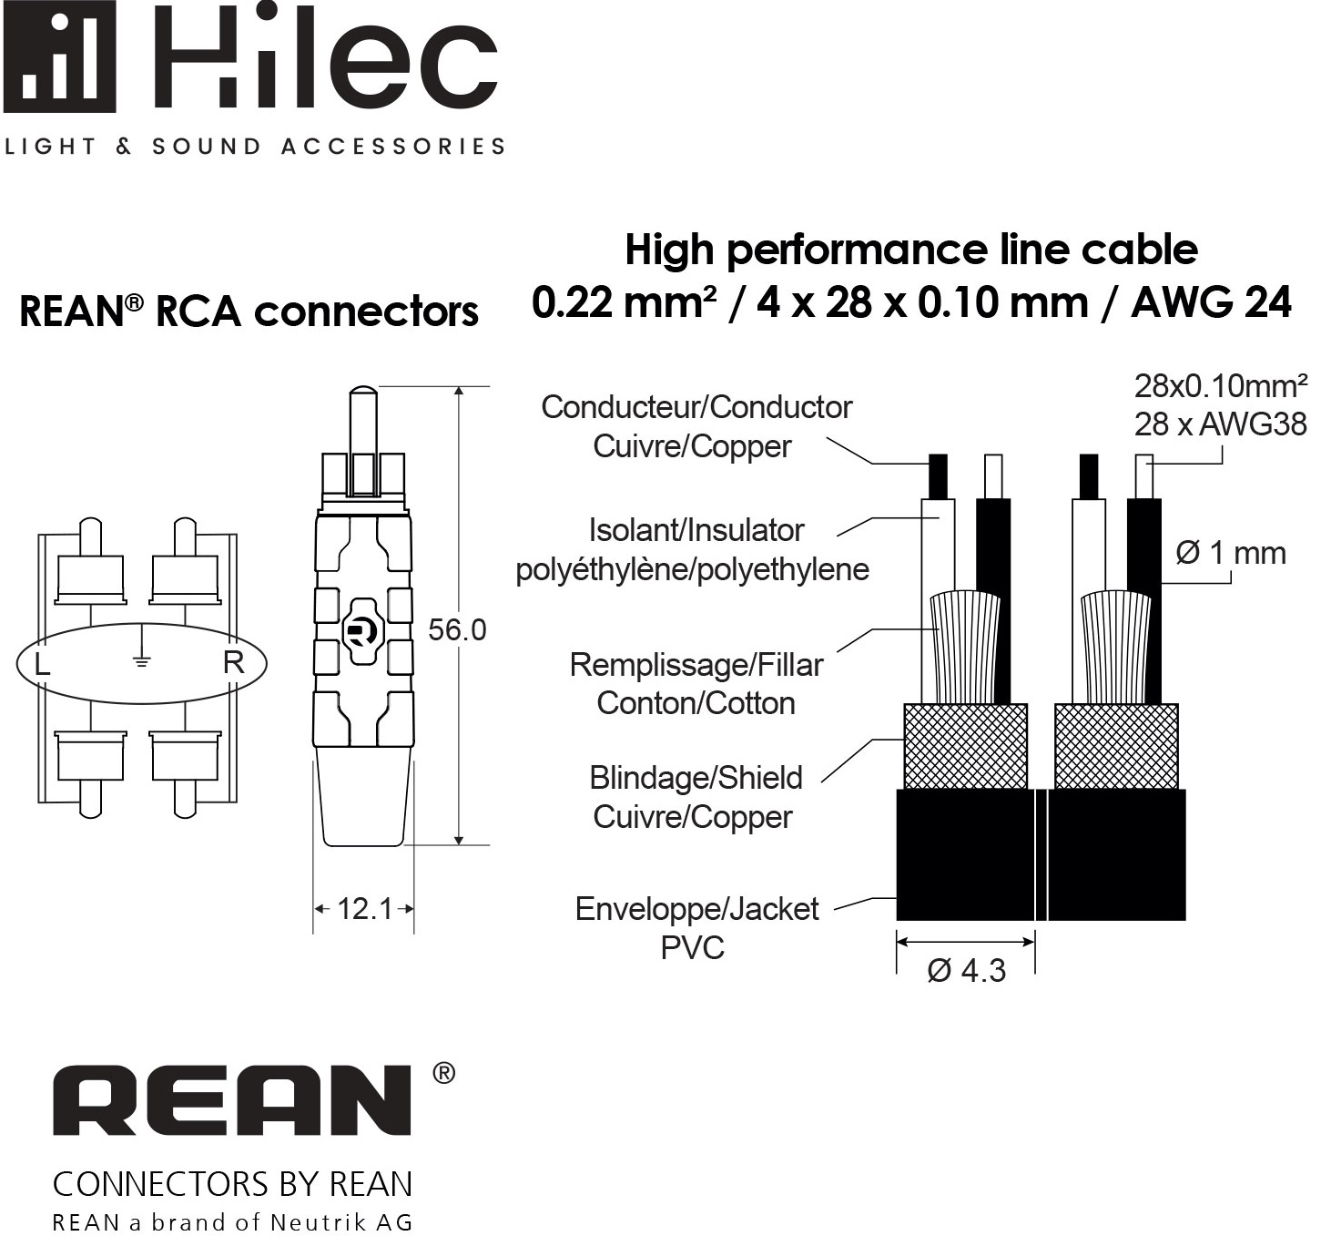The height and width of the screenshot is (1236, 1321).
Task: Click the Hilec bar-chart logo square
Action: click(60, 56)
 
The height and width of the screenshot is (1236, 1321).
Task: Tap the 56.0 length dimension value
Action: click(457, 629)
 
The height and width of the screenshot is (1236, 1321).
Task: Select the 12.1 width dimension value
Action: click(364, 909)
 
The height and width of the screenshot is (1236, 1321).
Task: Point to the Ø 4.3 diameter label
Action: click(966, 971)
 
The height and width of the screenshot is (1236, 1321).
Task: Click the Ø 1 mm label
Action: click(1231, 553)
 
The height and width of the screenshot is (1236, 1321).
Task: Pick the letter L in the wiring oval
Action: click(42, 664)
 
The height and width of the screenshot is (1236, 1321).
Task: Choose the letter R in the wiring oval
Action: click(233, 662)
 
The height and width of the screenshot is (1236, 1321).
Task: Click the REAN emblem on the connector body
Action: click(361, 631)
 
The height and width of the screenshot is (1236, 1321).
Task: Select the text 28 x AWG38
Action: click(1220, 424)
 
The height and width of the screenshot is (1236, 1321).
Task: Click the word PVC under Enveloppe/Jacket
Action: click(692, 948)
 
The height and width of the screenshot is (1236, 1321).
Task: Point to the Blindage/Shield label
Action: click(696, 779)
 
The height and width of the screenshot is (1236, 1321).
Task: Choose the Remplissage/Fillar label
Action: click(696, 666)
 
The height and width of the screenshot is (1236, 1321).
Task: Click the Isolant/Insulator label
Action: click(696, 531)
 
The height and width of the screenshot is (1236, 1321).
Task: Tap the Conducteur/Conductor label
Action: click(696, 407)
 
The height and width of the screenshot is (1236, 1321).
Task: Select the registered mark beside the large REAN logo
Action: click(443, 1073)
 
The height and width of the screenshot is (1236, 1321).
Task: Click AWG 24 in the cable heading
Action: click(1211, 302)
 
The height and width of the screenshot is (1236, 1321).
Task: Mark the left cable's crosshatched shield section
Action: click(965, 746)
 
